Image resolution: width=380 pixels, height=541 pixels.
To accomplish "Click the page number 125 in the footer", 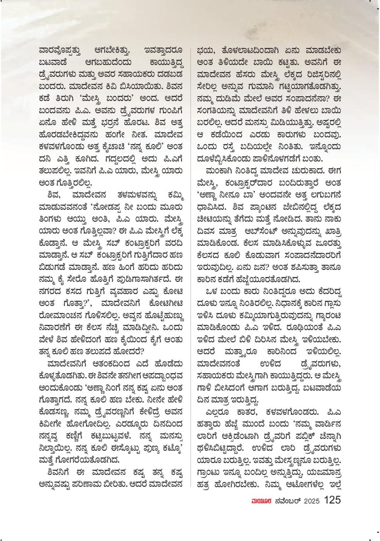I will (332, 500).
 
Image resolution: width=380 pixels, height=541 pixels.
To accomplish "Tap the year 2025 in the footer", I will (312, 501).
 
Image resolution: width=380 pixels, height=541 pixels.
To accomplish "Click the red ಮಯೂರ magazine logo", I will (261, 501).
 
